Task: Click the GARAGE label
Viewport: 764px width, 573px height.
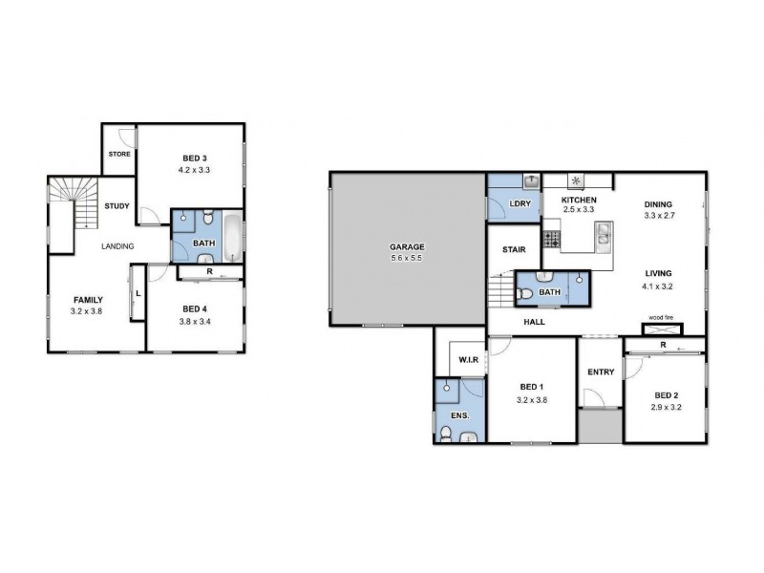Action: click(x=407, y=246)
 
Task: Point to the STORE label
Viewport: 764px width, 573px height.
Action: click(x=118, y=153)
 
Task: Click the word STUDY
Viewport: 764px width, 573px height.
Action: click(x=117, y=206)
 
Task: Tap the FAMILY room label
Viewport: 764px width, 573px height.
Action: click(x=87, y=300)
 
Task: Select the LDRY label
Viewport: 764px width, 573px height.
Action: click(x=520, y=203)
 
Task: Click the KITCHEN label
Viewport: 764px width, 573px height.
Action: click(x=579, y=200)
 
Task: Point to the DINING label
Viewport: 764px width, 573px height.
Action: click(x=658, y=203)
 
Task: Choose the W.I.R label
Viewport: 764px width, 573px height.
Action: click(x=468, y=359)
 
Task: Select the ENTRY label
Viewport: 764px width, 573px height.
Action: click(x=601, y=372)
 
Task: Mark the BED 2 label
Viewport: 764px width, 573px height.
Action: click(x=667, y=394)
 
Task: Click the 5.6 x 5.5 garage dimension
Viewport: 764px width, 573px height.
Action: click(x=407, y=258)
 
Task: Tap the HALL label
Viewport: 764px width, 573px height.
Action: click(x=535, y=322)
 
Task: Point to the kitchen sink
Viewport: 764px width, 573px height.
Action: click(x=604, y=234)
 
